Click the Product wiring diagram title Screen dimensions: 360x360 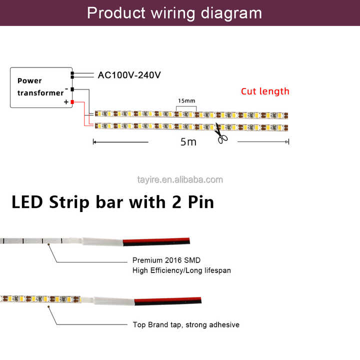coord(174,12)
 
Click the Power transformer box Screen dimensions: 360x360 coord(41,87)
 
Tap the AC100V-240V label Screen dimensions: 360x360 coord(129,75)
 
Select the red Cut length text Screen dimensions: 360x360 coord(265,91)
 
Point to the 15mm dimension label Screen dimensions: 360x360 coord(186,100)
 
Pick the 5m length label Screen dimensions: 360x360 coord(188,142)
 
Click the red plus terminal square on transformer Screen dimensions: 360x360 coord(72,102)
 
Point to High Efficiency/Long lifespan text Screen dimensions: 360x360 coord(181,270)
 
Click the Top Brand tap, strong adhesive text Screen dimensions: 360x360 coord(186,325)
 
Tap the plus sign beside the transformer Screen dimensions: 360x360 coord(65,102)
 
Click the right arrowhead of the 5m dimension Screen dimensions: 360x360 coord(287,142)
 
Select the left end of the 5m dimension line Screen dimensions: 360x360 coord(94,142)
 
